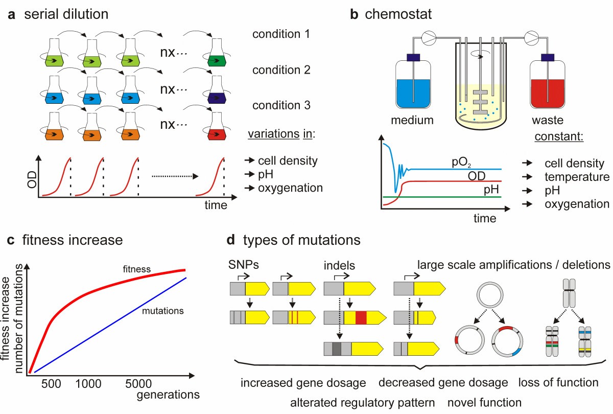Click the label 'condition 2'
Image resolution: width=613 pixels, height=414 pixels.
[x=281, y=71]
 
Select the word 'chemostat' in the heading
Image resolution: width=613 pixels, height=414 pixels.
[x=398, y=14]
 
